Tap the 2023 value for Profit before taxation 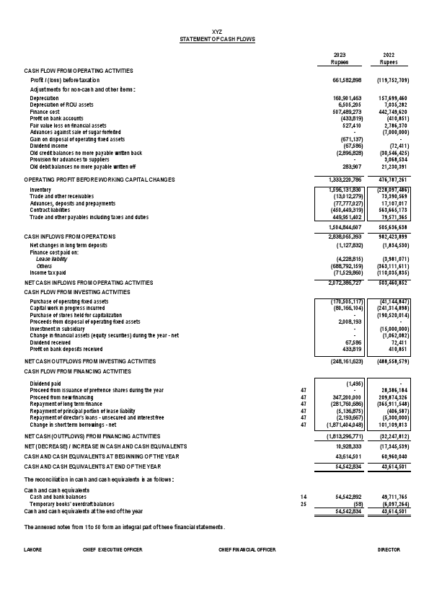[352, 80]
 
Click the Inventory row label [40, 190]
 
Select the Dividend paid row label [45, 384]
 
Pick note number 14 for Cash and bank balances [304, 497]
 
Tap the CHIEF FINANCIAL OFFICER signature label [247, 549]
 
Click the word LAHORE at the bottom [32, 549]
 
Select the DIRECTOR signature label [389, 549]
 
